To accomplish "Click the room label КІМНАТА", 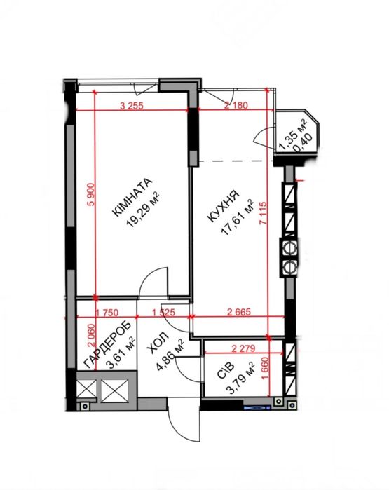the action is pos(132,197).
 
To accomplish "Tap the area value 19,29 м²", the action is pos(142,210).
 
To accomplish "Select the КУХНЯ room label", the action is pos(224,206).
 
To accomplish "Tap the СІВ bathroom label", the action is pos(225,370).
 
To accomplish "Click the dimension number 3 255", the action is pos(132,106).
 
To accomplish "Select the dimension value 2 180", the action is pos(236,105).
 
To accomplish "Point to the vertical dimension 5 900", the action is pos(91,194).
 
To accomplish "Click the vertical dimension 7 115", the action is pos(263,213).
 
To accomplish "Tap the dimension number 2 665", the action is pos(239,312).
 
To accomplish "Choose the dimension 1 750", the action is pos(107,313).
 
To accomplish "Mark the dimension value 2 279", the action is pos(243,348).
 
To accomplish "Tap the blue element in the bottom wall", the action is pos(257,407).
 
